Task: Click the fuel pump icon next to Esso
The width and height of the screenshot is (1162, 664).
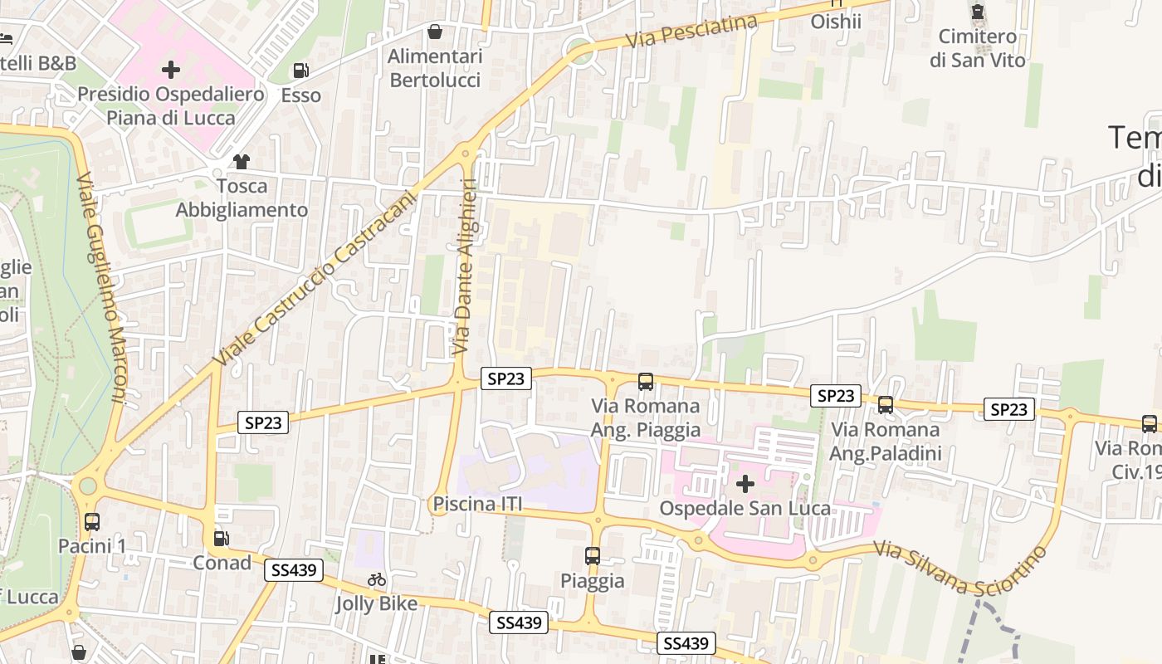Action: [x=301, y=71]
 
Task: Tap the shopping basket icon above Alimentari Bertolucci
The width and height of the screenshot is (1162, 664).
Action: [x=434, y=32]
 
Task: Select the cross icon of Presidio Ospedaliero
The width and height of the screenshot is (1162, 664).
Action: [x=171, y=70]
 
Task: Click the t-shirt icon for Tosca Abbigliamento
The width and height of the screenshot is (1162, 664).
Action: [x=242, y=162]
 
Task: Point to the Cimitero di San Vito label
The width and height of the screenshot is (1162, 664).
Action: [x=978, y=48]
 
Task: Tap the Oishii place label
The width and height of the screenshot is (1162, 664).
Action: [x=836, y=21]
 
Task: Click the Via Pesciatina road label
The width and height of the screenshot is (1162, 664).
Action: [x=691, y=32]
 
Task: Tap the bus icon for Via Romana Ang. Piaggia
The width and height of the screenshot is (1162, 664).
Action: [x=645, y=382]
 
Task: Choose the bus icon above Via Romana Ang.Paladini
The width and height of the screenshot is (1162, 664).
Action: [x=886, y=405]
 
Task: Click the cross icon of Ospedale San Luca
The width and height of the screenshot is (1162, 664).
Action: [x=745, y=483]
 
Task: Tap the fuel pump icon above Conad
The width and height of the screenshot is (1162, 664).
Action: [x=222, y=539]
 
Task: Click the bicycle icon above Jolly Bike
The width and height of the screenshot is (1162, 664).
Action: [x=377, y=580]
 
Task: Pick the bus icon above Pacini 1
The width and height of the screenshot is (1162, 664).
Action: [x=92, y=522]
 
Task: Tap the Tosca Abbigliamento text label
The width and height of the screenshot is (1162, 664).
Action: [x=242, y=198]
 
